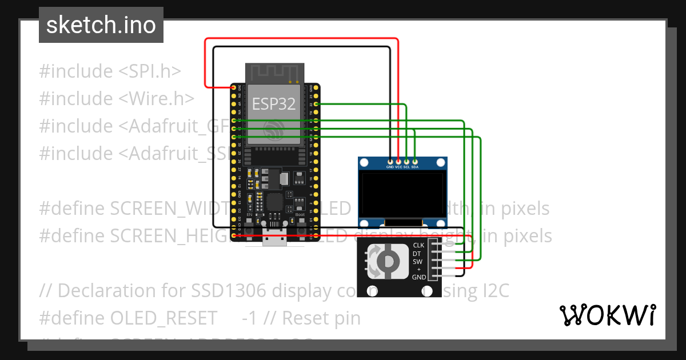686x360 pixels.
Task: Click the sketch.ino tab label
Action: click(101, 25)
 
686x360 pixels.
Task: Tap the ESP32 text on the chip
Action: click(273, 104)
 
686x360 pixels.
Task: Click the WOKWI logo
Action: click(607, 315)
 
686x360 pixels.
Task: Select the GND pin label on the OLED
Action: click(390, 167)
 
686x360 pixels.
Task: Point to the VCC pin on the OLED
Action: click(398, 162)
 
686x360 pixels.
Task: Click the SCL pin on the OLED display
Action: click(406, 162)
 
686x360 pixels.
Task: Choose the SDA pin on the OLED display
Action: click(414, 162)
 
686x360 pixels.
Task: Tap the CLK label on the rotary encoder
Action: click(419, 246)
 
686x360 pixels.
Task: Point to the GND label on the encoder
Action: click(419, 277)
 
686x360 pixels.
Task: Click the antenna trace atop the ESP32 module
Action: click(273, 73)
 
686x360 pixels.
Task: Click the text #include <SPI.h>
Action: click(110, 71)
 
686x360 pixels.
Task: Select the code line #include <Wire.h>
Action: click(117, 99)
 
